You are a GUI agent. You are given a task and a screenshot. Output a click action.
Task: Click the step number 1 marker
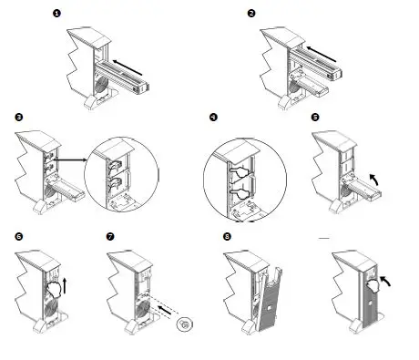pyautogui.click(x=56, y=14)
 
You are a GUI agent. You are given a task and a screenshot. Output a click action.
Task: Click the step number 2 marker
pyautogui.click(x=251, y=14)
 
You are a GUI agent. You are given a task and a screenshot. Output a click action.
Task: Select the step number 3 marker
pyautogui.click(x=18, y=118)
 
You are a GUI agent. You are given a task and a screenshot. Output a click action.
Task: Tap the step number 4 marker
pyautogui.click(x=213, y=118)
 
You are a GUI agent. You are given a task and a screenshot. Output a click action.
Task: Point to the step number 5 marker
pyautogui.click(x=315, y=118)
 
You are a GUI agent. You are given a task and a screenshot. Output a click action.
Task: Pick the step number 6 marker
pyautogui.click(x=18, y=236)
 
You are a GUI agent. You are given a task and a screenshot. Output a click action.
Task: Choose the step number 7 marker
pyautogui.click(x=110, y=236)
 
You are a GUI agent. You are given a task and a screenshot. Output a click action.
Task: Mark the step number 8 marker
pyautogui.click(x=227, y=236)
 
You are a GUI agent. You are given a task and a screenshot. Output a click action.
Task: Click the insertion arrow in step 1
pyautogui.click(x=128, y=67)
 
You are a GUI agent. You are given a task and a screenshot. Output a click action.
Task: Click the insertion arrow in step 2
pyautogui.click(x=322, y=54)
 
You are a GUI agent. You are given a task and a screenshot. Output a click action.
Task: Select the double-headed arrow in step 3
pyautogui.click(x=70, y=159)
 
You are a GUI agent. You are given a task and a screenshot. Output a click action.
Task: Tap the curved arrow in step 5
pyautogui.click(x=374, y=180)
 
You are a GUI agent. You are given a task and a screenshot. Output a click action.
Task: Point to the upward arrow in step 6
pyautogui.click(x=65, y=285)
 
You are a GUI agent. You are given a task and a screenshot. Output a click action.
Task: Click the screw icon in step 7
pyautogui.click(x=185, y=324)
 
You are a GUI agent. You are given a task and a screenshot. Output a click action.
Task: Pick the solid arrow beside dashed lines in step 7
pyautogui.click(x=165, y=310)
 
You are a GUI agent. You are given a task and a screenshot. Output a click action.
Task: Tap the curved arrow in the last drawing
pyautogui.click(x=385, y=282)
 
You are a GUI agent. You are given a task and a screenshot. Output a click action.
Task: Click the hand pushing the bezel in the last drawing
pyautogui.click(x=373, y=285)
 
